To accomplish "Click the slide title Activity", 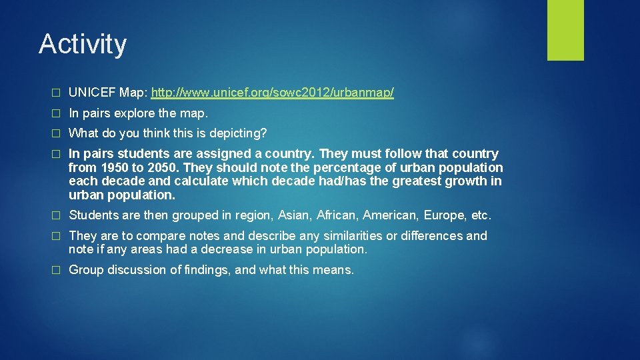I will point(83,45).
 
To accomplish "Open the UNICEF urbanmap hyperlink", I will point(273,93).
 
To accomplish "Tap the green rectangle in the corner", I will point(565,30).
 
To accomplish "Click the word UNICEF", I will point(93,93).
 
